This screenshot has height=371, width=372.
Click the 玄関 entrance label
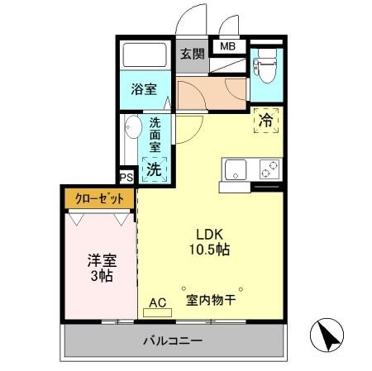[191, 55]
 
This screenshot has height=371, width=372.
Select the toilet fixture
[266, 66]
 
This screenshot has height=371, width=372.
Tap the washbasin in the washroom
[131, 130]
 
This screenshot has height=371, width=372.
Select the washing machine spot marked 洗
[155, 169]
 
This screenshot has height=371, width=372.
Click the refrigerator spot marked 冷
[266, 121]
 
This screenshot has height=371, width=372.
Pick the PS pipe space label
[126, 177]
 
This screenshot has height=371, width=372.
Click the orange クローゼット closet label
[98, 198]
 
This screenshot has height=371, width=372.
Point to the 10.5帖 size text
[210, 248]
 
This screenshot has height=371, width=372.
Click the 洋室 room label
[103, 259]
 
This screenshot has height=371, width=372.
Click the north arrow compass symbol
[327, 335]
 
